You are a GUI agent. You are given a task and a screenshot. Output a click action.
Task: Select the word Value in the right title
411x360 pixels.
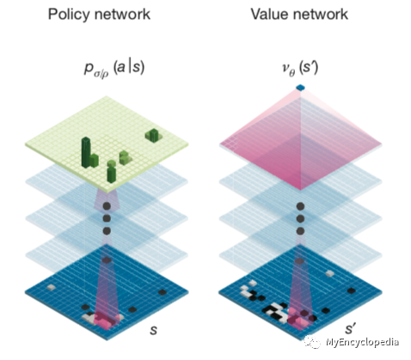coord(268,14)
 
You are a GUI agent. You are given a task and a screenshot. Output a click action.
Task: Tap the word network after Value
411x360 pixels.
coord(319,14)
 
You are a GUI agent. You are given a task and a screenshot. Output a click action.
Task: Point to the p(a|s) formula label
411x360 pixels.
coord(114,69)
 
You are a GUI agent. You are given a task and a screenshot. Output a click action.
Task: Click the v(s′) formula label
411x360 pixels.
coord(300,69)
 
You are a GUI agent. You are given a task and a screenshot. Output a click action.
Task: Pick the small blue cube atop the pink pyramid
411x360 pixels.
coord(300,88)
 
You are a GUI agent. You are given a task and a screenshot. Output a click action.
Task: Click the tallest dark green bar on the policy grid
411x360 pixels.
coord(86,152)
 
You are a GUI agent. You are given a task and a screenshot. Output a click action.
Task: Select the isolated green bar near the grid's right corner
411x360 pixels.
coord(153,135)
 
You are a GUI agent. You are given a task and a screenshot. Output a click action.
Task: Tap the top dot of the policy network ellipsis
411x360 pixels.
coord(107,206)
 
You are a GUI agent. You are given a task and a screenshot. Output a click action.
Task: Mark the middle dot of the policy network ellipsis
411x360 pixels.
coord(107,218)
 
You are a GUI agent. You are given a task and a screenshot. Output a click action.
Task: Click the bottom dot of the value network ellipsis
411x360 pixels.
coord(300,231)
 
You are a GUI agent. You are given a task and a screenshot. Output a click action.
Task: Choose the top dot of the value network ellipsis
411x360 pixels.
coord(300,206)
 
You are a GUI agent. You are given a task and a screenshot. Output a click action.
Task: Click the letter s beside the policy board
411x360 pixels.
coord(154,330)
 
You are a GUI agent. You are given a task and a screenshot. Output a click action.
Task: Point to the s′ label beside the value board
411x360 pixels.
coord(350,328)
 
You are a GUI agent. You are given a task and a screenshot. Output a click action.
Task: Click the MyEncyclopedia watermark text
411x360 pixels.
coord(362,342)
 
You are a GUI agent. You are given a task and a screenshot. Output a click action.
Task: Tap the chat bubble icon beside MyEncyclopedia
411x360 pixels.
coord(313,342)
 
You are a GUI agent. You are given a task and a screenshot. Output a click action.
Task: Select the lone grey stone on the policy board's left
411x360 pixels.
coord(52,287)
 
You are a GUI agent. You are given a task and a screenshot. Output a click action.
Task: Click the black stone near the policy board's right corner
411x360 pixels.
coord(163,292)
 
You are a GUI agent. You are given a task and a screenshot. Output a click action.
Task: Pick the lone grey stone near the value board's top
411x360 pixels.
coord(329,273)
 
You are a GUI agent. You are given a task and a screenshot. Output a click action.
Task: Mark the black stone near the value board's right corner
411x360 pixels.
coord(352,291)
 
